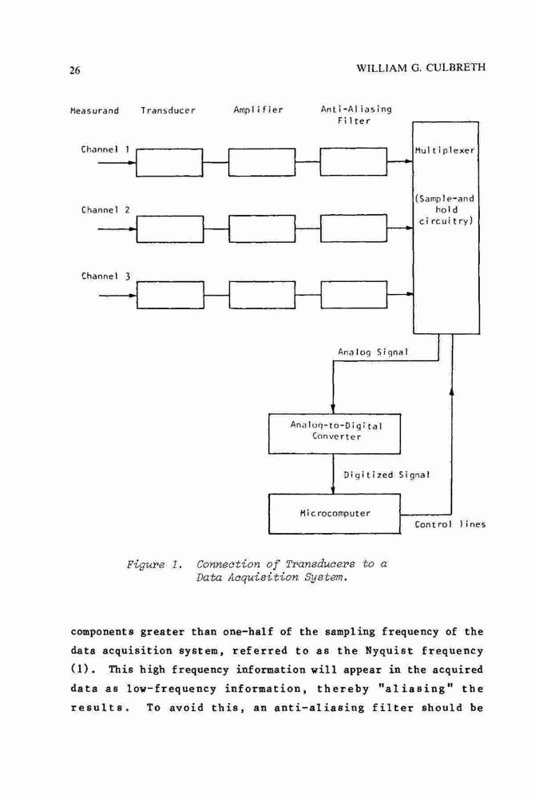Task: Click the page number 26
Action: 75,70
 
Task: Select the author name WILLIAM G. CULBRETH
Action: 422,67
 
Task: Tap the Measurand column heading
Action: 95,110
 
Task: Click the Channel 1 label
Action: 105,149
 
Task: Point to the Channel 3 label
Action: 106,276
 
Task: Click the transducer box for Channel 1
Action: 169,162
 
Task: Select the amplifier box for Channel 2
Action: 262,229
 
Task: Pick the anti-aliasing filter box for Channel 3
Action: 354,295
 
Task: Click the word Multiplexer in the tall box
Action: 445,151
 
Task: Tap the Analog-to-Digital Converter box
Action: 335,434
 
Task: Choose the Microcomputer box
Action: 335,514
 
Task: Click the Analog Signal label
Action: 373,352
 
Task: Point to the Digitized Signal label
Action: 386,475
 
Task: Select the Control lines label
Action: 450,524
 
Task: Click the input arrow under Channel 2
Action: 117,229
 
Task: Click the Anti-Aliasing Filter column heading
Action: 356,114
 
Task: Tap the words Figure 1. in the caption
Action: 154,565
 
